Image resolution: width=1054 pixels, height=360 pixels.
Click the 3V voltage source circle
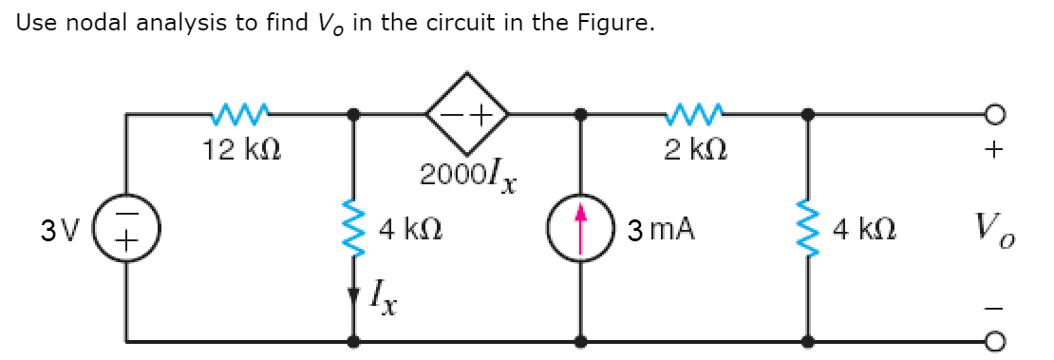click(x=128, y=230)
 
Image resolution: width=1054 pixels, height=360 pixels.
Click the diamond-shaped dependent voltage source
click(x=467, y=115)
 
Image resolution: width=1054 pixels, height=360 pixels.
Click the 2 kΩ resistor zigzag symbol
click(x=697, y=115)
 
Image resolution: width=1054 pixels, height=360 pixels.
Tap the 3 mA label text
click(x=662, y=229)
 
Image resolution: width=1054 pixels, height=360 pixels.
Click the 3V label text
click(x=53, y=230)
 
